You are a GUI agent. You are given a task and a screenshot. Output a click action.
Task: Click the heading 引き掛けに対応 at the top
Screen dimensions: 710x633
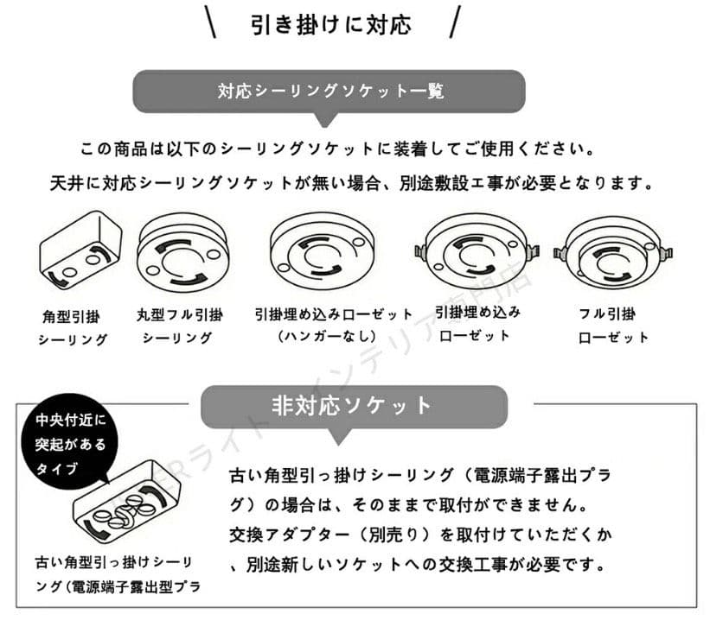(331, 24)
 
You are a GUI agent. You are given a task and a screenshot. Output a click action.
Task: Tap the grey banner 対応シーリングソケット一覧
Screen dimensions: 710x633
(329, 92)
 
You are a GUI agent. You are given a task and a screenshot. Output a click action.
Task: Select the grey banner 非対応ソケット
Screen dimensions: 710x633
(354, 406)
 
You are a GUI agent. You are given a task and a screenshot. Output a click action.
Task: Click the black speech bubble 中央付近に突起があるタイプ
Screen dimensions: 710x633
(70, 443)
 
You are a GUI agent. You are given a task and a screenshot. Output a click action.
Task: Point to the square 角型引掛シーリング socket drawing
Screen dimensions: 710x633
(80, 251)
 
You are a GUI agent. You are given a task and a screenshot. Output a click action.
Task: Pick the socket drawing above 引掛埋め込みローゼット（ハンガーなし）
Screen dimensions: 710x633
(322, 251)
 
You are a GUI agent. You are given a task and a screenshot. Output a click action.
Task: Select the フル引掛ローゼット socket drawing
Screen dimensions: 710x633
(613, 256)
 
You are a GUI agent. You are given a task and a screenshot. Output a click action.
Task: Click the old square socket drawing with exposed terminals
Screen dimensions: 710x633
(126, 501)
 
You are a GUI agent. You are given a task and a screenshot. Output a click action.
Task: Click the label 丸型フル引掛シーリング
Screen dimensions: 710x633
(180, 326)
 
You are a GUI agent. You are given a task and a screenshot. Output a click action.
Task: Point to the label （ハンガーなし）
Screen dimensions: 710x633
(327, 336)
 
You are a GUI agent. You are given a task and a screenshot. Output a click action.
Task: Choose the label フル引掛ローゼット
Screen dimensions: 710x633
(613, 326)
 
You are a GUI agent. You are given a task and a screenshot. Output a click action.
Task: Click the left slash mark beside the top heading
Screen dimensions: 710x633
(210, 22)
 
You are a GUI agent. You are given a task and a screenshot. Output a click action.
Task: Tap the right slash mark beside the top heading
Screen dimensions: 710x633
(456, 22)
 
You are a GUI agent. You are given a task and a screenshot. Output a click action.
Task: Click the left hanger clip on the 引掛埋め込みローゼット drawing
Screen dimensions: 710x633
(421, 251)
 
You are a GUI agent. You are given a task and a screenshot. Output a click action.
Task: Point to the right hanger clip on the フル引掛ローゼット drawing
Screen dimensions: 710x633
(667, 253)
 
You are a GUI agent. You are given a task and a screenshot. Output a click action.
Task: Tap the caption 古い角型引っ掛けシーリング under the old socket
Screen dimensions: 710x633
(114, 563)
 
